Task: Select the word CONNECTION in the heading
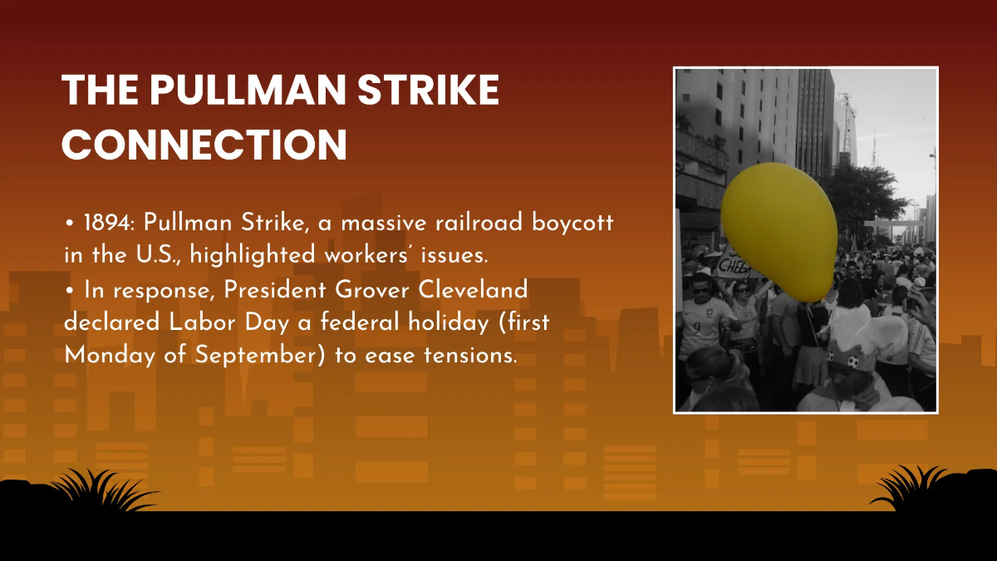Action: (204, 144)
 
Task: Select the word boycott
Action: (577, 224)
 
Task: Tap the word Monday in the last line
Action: (101, 355)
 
